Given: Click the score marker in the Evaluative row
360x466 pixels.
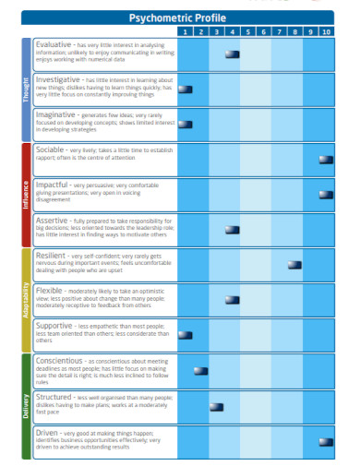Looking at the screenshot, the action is tap(232, 55).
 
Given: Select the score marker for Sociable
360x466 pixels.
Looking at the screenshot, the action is tap(326, 160).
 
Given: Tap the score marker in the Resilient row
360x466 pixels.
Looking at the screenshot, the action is tap(294, 265).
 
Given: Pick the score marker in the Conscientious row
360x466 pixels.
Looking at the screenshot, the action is tap(200, 370).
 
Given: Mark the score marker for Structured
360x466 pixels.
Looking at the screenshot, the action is tap(216, 405).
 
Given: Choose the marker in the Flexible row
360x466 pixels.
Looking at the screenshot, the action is tap(232, 300).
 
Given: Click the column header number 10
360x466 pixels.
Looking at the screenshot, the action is tap(326, 31).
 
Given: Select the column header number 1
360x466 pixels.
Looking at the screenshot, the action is tap(185, 31).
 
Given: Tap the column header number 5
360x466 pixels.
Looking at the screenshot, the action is tap(247, 31).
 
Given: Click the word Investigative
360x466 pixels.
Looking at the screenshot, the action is tap(58, 79).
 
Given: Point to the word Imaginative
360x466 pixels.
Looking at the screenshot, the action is tap(55, 114).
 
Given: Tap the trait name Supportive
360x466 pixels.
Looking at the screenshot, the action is tap(54, 325).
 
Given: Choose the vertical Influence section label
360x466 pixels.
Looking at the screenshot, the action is tap(26, 195).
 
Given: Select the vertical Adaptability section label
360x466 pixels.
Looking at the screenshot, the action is tap(26, 300).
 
